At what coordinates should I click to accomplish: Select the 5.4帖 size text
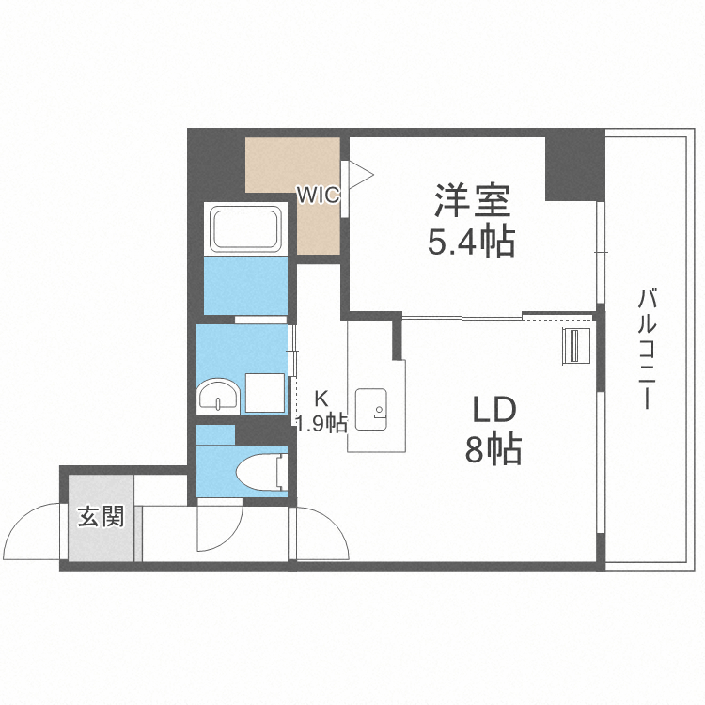click(471, 243)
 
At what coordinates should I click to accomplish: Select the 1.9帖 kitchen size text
click(321, 422)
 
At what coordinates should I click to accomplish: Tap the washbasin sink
click(219, 396)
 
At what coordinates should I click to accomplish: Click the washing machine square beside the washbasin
click(265, 392)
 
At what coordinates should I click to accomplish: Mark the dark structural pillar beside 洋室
click(573, 167)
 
